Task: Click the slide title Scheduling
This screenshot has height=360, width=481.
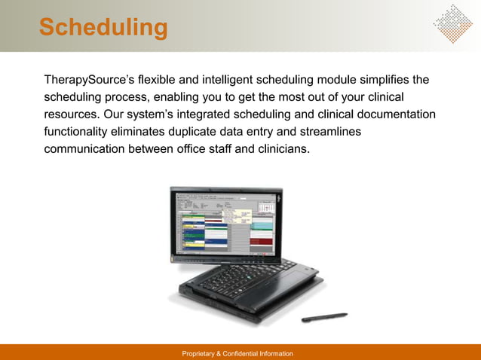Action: click(x=103, y=28)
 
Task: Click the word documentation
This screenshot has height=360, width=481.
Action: click(x=392, y=114)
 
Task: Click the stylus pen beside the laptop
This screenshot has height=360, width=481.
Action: click(x=324, y=318)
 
